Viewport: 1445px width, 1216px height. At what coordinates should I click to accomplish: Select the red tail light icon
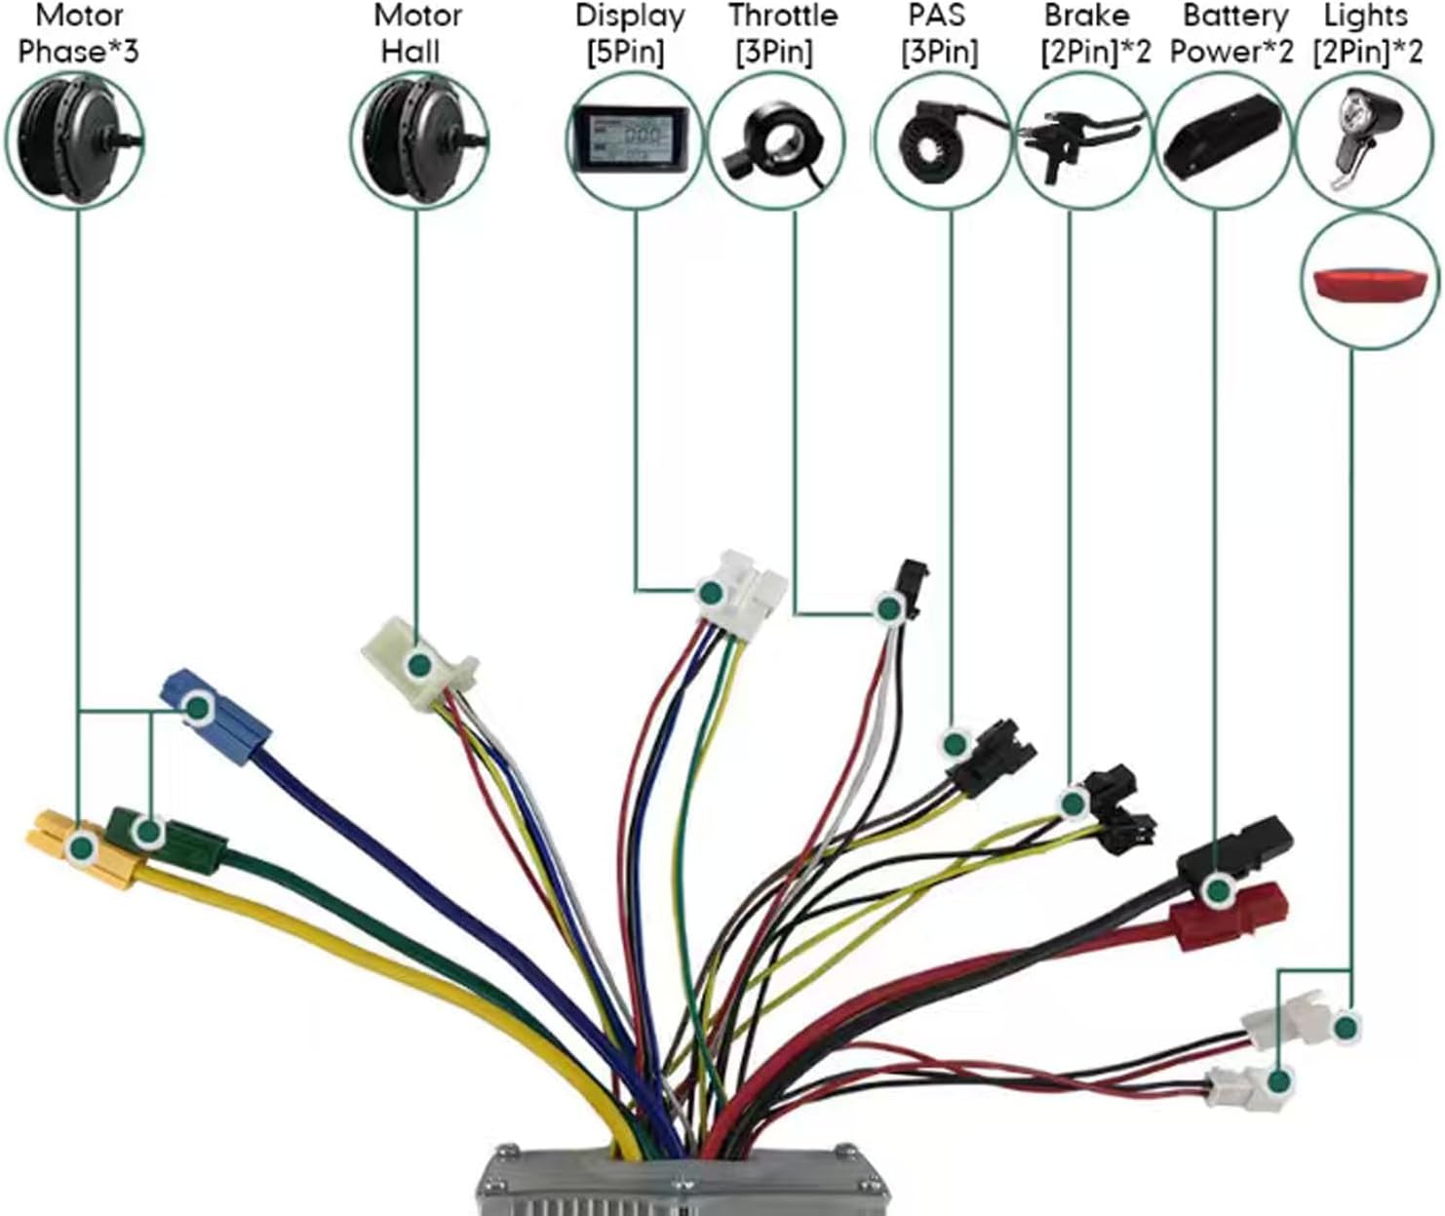(x=1369, y=284)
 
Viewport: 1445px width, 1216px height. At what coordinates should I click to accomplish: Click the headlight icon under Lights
(x=1365, y=137)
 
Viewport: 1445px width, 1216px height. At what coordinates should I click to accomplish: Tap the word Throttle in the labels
(x=782, y=17)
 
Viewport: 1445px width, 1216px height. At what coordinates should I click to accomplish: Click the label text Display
(x=630, y=17)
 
